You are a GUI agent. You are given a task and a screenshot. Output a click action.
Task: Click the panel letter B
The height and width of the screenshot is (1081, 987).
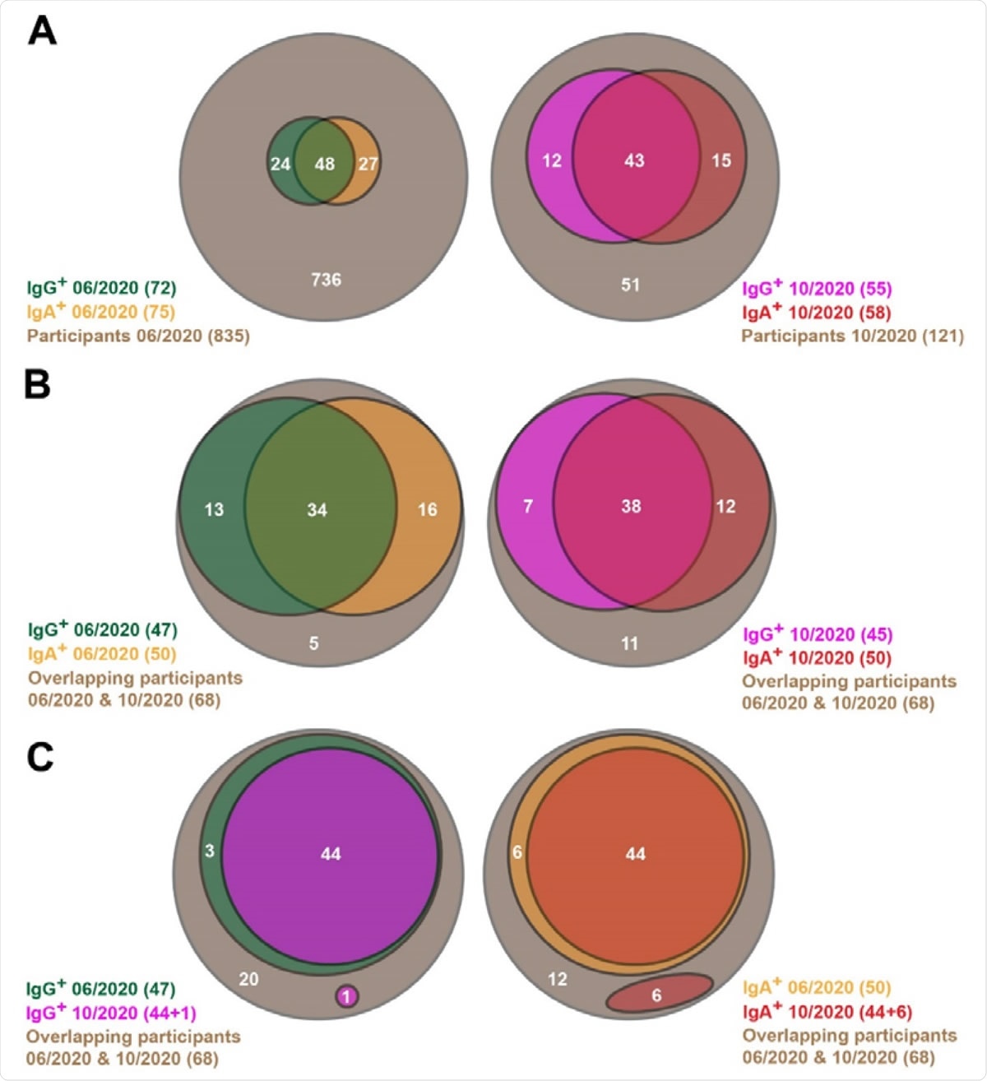tap(38, 384)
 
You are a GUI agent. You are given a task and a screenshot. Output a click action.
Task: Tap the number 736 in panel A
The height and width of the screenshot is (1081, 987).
tap(326, 280)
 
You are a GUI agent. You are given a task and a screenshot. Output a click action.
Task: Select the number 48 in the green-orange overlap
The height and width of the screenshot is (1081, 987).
tap(325, 164)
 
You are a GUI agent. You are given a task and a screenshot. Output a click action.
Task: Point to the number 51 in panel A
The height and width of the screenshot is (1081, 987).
tap(630, 285)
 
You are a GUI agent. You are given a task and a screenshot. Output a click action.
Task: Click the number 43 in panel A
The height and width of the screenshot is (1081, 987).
tap(634, 160)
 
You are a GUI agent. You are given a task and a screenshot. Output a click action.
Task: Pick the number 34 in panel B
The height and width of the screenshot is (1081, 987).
tap(317, 510)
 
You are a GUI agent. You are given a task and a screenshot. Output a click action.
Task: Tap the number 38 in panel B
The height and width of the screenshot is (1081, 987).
tap(631, 506)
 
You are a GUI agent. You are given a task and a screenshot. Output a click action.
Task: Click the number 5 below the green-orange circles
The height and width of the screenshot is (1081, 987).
tap(313, 643)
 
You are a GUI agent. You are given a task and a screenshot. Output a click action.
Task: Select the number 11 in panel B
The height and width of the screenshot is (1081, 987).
tap(630, 643)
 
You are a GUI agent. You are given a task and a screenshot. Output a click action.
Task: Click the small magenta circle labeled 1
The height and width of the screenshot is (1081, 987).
tap(347, 997)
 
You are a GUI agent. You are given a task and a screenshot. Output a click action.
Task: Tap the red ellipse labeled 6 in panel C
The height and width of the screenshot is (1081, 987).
tap(658, 994)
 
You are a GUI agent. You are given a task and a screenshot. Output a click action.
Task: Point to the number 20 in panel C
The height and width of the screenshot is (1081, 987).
tap(248, 979)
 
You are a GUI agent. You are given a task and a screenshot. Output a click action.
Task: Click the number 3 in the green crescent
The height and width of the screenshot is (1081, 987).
tap(210, 851)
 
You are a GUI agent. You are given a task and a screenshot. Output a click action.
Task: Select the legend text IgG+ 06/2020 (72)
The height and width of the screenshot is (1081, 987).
tap(101, 288)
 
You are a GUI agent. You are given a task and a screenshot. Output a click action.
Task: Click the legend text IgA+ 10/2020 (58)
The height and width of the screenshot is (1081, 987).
tap(816, 313)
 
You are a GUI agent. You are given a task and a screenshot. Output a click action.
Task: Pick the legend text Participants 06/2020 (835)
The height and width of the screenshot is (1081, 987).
tap(138, 336)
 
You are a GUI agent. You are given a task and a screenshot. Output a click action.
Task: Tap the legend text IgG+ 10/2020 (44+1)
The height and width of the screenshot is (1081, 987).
tap(111, 1013)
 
